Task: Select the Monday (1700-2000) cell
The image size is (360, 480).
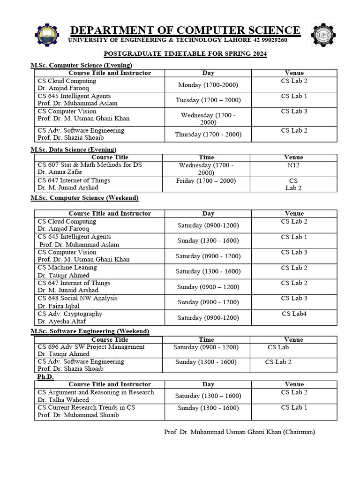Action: [x=208, y=85]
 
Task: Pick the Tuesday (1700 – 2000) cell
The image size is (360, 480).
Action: [x=207, y=100]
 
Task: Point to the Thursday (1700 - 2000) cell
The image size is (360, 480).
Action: [x=208, y=134]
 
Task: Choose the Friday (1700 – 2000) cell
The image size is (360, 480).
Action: [x=206, y=180]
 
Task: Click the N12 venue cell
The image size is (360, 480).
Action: [x=293, y=165]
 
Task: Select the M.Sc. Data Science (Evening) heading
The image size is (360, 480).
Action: [x=74, y=150]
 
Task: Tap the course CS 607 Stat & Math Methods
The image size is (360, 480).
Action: [x=90, y=165]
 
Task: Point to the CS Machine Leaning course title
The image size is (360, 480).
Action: [x=67, y=267]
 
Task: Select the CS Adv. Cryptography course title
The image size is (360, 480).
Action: [x=70, y=314]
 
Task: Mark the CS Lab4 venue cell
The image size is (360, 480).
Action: [x=294, y=314]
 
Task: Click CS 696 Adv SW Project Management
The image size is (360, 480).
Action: [x=91, y=347]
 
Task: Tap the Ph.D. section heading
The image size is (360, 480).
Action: [x=45, y=377]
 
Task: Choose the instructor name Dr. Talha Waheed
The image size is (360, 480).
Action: [x=63, y=400]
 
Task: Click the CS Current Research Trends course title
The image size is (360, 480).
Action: [x=86, y=407]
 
